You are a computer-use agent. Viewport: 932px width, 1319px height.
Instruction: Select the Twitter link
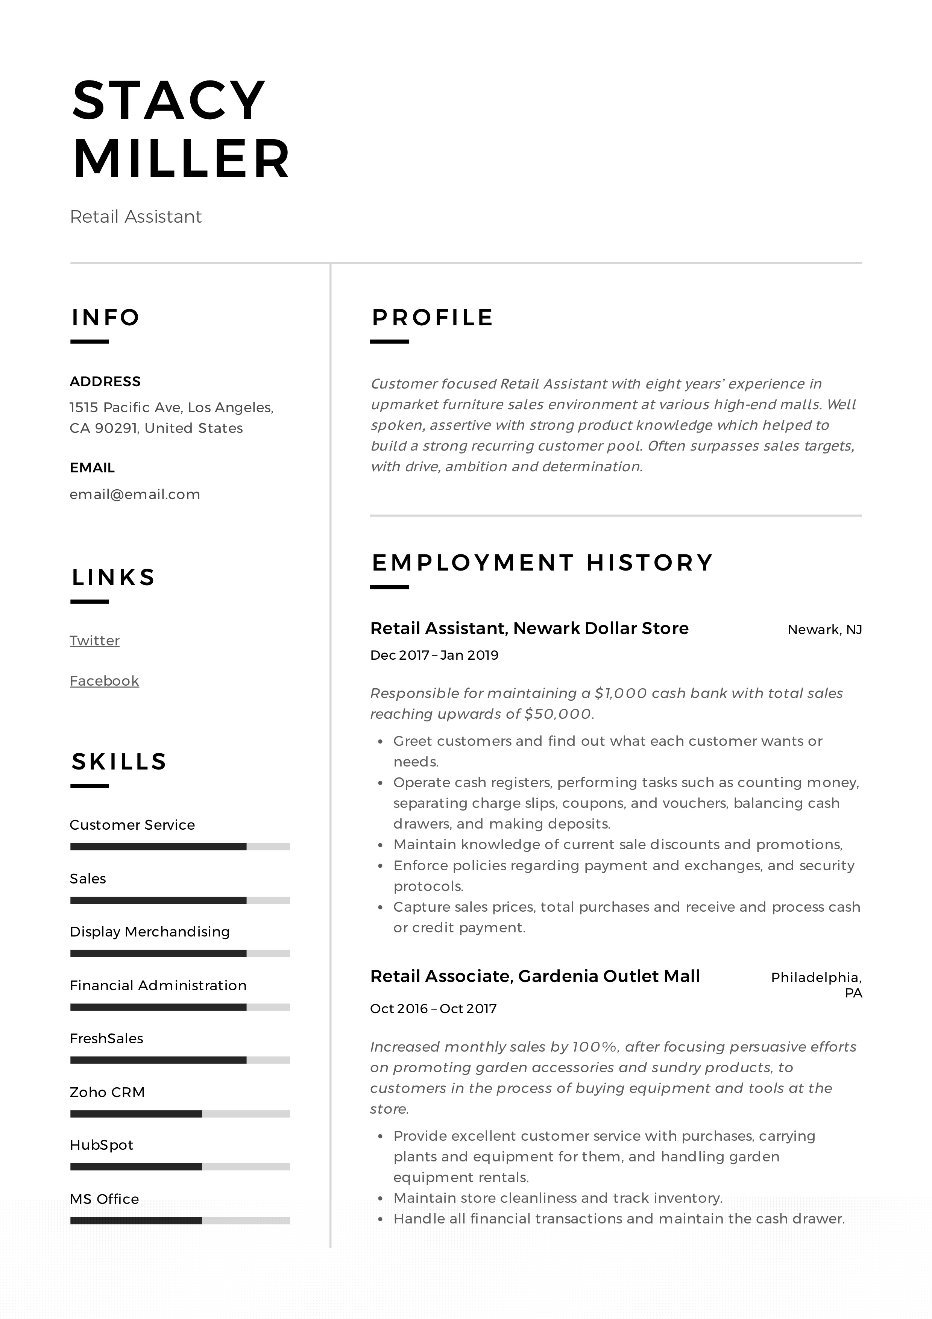(95, 641)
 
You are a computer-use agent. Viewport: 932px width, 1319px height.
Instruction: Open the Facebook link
(104, 681)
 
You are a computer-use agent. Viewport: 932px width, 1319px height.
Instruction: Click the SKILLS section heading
(119, 762)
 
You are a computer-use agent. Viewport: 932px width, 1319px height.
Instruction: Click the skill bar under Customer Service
(180, 847)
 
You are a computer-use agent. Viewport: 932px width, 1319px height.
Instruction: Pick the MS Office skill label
(104, 1199)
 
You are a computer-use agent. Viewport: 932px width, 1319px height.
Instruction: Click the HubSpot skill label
(101, 1145)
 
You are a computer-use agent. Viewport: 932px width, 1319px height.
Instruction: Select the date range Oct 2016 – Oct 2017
(433, 1009)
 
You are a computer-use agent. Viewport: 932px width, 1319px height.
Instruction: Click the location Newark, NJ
(824, 630)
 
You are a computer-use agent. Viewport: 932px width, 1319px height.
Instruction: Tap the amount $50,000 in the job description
(557, 714)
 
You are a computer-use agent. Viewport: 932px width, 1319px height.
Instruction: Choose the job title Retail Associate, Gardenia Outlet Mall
(535, 976)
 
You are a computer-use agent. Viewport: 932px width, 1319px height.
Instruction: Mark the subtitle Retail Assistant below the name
(136, 217)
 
